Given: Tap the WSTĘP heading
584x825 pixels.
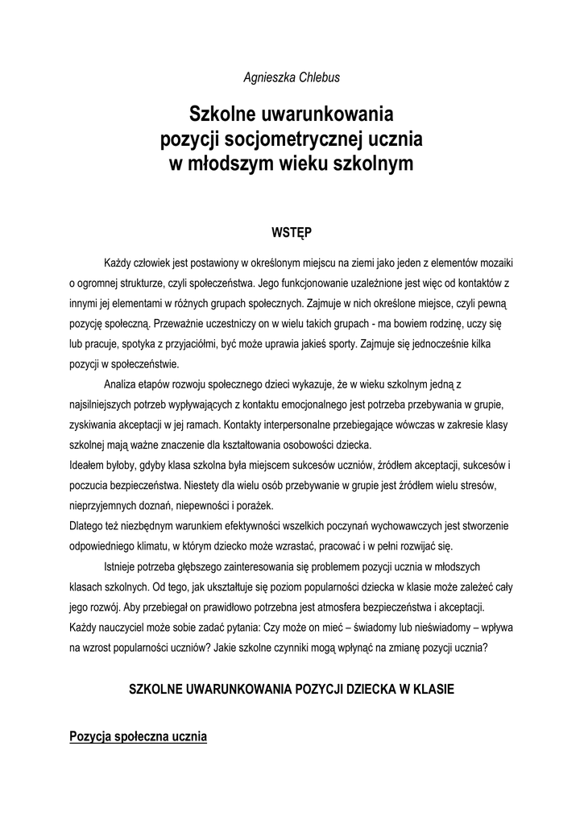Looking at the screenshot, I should click(x=292, y=233).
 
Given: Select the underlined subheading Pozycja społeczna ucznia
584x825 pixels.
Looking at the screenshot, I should click(x=139, y=737).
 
